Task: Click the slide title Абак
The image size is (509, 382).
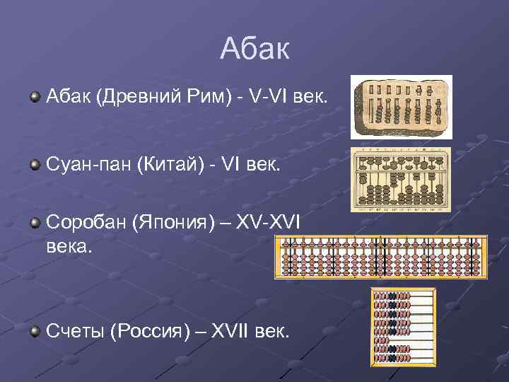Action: point(255,49)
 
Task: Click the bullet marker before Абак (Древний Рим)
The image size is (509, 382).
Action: point(35,95)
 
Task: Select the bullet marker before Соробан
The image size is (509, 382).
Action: point(35,224)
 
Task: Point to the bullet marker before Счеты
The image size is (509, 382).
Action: point(35,332)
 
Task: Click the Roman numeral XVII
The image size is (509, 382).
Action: point(235,332)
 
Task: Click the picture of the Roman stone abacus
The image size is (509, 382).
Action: point(402,107)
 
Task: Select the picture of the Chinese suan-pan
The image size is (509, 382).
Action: point(401,179)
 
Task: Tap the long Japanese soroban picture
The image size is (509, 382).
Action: point(380,257)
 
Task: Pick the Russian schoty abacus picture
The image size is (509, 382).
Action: point(404,326)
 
